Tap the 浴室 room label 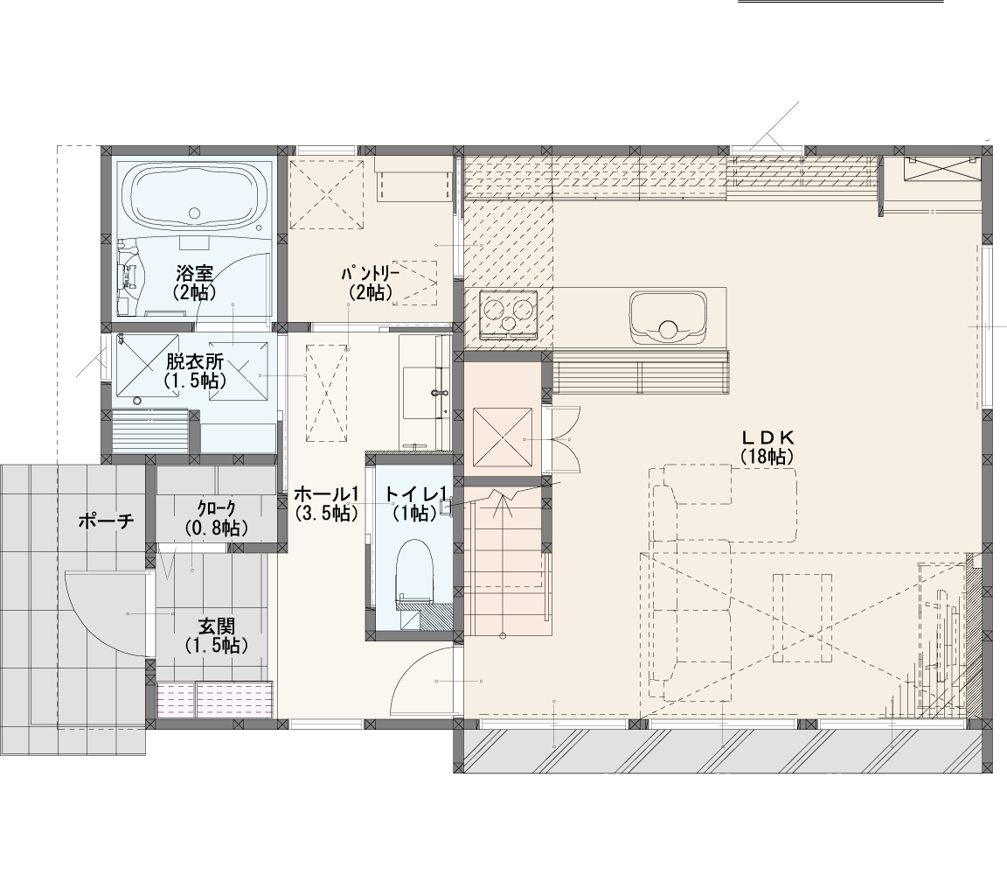point(193,273)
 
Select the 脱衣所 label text point(195,360)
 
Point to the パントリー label point(371,273)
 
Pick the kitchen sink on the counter point(668,319)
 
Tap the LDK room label point(768,437)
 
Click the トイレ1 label point(415,493)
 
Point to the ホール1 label point(325,493)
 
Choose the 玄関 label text point(217,626)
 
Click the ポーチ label point(107,520)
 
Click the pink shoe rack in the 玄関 point(215,698)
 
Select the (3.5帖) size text point(325,513)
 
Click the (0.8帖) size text point(217,528)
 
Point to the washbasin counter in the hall point(425,391)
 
